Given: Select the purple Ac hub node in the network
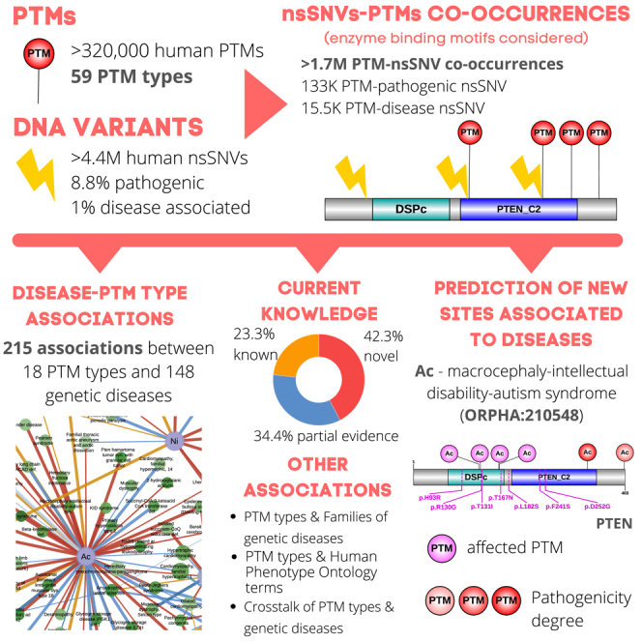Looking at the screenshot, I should click(85, 557).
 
